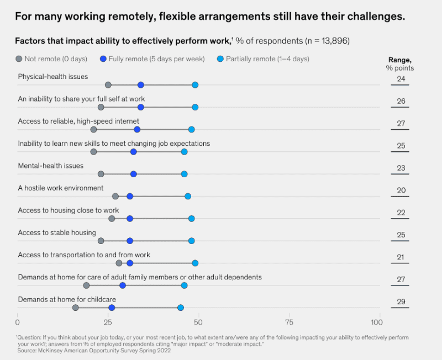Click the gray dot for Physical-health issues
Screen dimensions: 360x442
point(108,85)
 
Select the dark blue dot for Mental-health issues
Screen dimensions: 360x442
point(133,174)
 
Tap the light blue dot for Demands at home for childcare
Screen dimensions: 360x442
point(180,308)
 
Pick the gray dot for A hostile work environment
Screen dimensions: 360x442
point(115,196)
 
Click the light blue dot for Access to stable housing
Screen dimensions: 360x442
point(191,241)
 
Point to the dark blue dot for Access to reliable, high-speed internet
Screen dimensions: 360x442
point(137,129)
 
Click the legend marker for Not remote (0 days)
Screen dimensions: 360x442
point(19,59)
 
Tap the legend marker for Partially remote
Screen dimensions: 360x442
point(220,59)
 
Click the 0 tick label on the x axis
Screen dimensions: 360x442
point(18,322)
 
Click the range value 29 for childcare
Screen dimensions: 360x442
point(401,301)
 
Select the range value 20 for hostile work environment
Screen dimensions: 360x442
point(401,190)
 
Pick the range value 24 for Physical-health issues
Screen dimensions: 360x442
point(401,79)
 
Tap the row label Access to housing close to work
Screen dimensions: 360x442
point(68,210)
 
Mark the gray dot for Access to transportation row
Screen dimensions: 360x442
point(119,263)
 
